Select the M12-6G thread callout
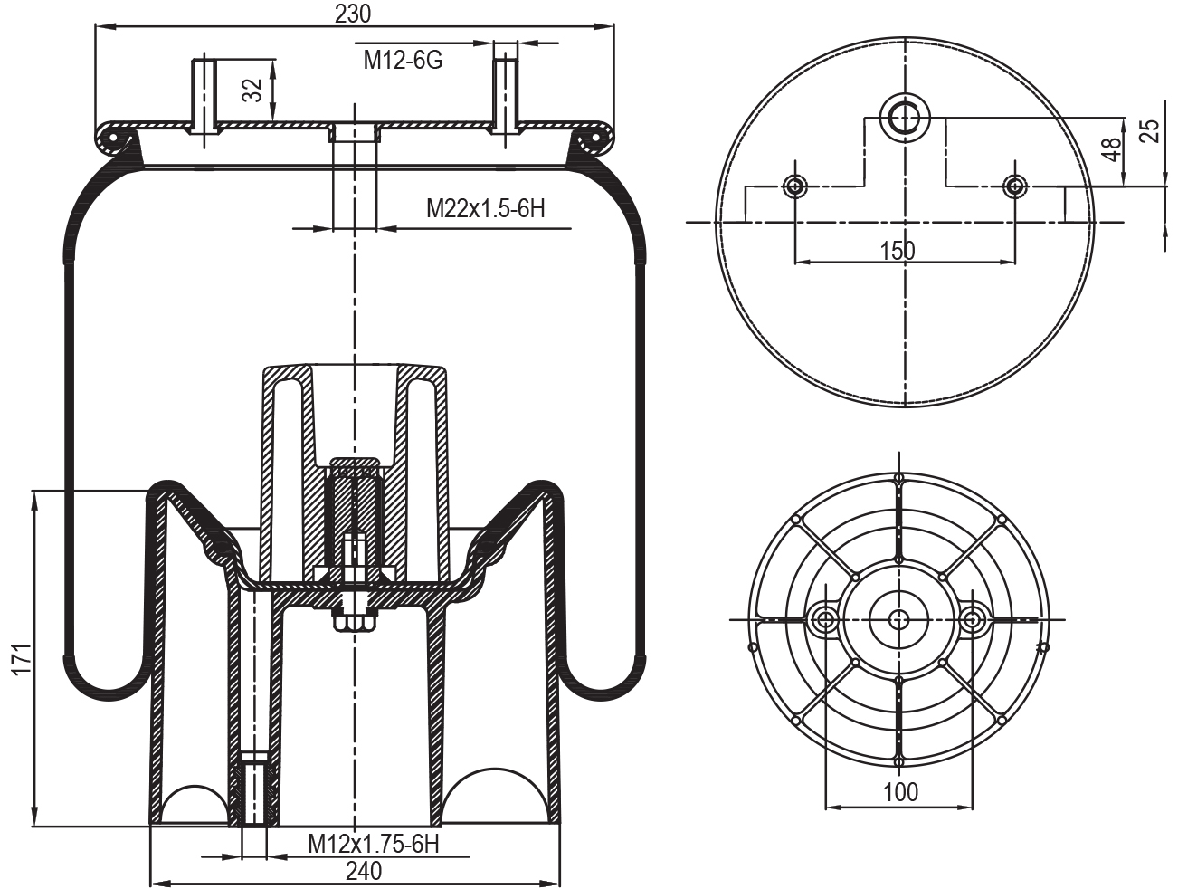tap(403, 61)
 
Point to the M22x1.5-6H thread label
tap(486, 209)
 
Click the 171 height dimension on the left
tap(22, 658)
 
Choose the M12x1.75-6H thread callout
tap(373, 844)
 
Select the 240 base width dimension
tap(363, 871)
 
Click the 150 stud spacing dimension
tap(898, 251)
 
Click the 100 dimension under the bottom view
tap(900, 792)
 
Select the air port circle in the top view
tap(905, 116)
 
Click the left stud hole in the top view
tap(794, 186)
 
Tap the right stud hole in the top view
tap(1015, 186)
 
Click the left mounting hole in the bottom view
tap(825, 619)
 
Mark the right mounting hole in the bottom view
tap(973, 619)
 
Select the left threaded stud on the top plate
tap(204, 95)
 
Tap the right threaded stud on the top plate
tap(505, 95)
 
